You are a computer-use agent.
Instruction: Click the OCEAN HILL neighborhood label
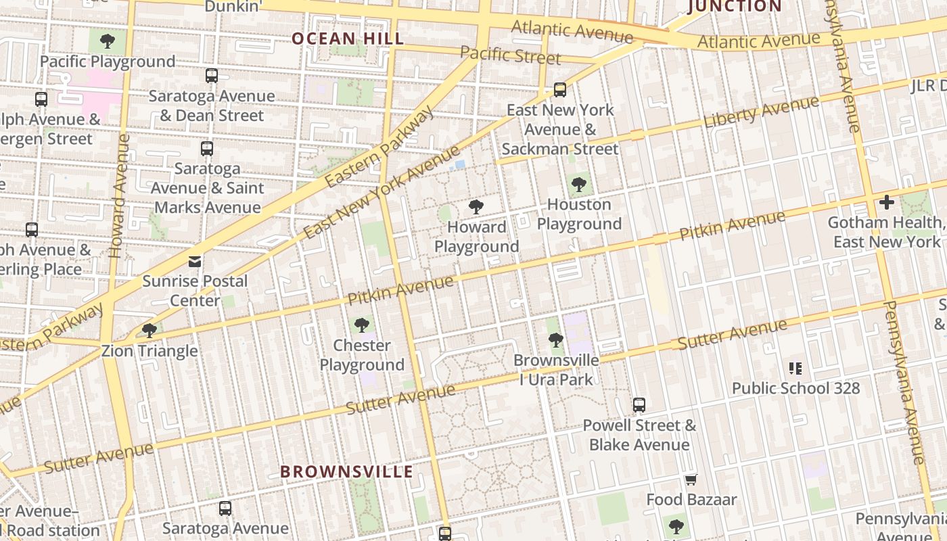click(347, 39)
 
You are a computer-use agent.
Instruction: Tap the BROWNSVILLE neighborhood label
click(346, 471)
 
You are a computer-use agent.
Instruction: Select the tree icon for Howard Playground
click(476, 207)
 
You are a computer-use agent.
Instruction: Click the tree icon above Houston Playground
click(578, 184)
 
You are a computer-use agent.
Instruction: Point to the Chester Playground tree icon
click(362, 325)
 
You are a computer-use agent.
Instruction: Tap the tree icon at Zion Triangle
click(149, 331)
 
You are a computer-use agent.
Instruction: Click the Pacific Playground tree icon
click(107, 42)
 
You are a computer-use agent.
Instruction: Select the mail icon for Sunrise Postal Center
click(195, 261)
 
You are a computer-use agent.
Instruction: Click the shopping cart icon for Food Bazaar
click(691, 479)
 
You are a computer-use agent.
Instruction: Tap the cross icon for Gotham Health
click(886, 202)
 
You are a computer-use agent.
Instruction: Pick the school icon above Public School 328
click(795, 369)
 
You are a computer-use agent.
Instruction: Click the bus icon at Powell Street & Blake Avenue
click(639, 405)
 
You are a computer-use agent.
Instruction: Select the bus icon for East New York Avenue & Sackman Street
click(560, 89)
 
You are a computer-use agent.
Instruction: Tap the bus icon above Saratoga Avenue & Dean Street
click(212, 76)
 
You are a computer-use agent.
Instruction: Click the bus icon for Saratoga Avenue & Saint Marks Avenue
click(207, 148)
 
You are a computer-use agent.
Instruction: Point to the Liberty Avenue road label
click(761, 112)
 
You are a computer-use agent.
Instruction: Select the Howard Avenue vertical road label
click(119, 196)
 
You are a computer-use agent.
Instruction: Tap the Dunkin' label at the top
click(233, 6)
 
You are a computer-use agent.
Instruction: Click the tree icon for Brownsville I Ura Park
click(556, 340)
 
